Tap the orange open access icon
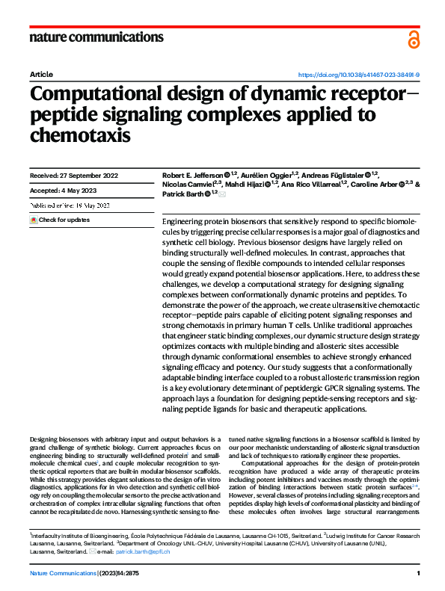(x=414, y=39)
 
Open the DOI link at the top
(x=359, y=75)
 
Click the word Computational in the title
(x=104, y=95)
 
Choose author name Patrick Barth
(x=182, y=194)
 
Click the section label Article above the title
(x=41, y=75)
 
